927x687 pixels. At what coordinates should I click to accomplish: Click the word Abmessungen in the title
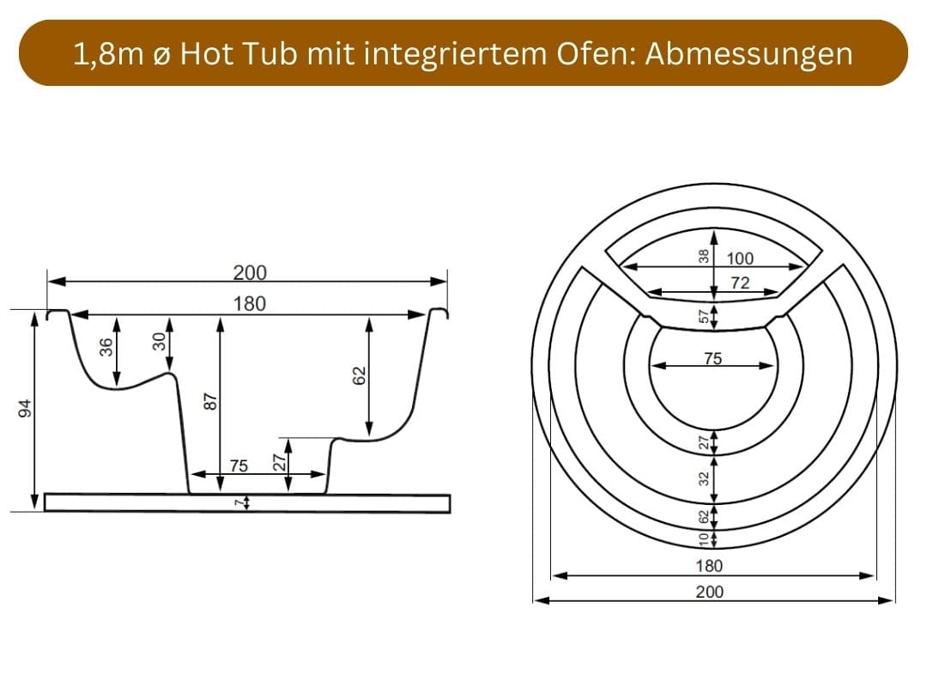pos(748,54)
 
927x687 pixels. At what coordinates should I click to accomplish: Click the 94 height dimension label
pos(25,409)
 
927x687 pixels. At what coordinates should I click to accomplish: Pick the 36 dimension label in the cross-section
pos(106,347)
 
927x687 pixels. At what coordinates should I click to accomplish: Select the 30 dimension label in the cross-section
pos(159,343)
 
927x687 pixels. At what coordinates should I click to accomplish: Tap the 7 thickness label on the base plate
pos(239,503)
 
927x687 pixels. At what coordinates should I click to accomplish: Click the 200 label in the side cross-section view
pos(250,273)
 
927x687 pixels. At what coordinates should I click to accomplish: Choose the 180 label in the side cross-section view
pos(250,303)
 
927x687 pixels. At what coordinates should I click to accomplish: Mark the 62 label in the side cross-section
pos(360,376)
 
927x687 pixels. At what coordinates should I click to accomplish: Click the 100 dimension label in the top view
pos(740,258)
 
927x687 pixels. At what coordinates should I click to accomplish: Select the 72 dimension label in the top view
pos(740,283)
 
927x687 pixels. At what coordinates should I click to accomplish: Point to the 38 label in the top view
pos(704,256)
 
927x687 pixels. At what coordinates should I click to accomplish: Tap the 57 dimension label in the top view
pos(704,318)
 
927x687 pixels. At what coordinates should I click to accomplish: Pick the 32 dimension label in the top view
pos(704,478)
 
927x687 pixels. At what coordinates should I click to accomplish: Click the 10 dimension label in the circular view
pos(704,538)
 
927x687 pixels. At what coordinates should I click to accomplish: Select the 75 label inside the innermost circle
pos(713,359)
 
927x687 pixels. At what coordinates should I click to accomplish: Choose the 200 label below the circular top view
pos(710,592)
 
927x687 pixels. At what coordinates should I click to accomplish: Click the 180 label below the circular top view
pos(709,566)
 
